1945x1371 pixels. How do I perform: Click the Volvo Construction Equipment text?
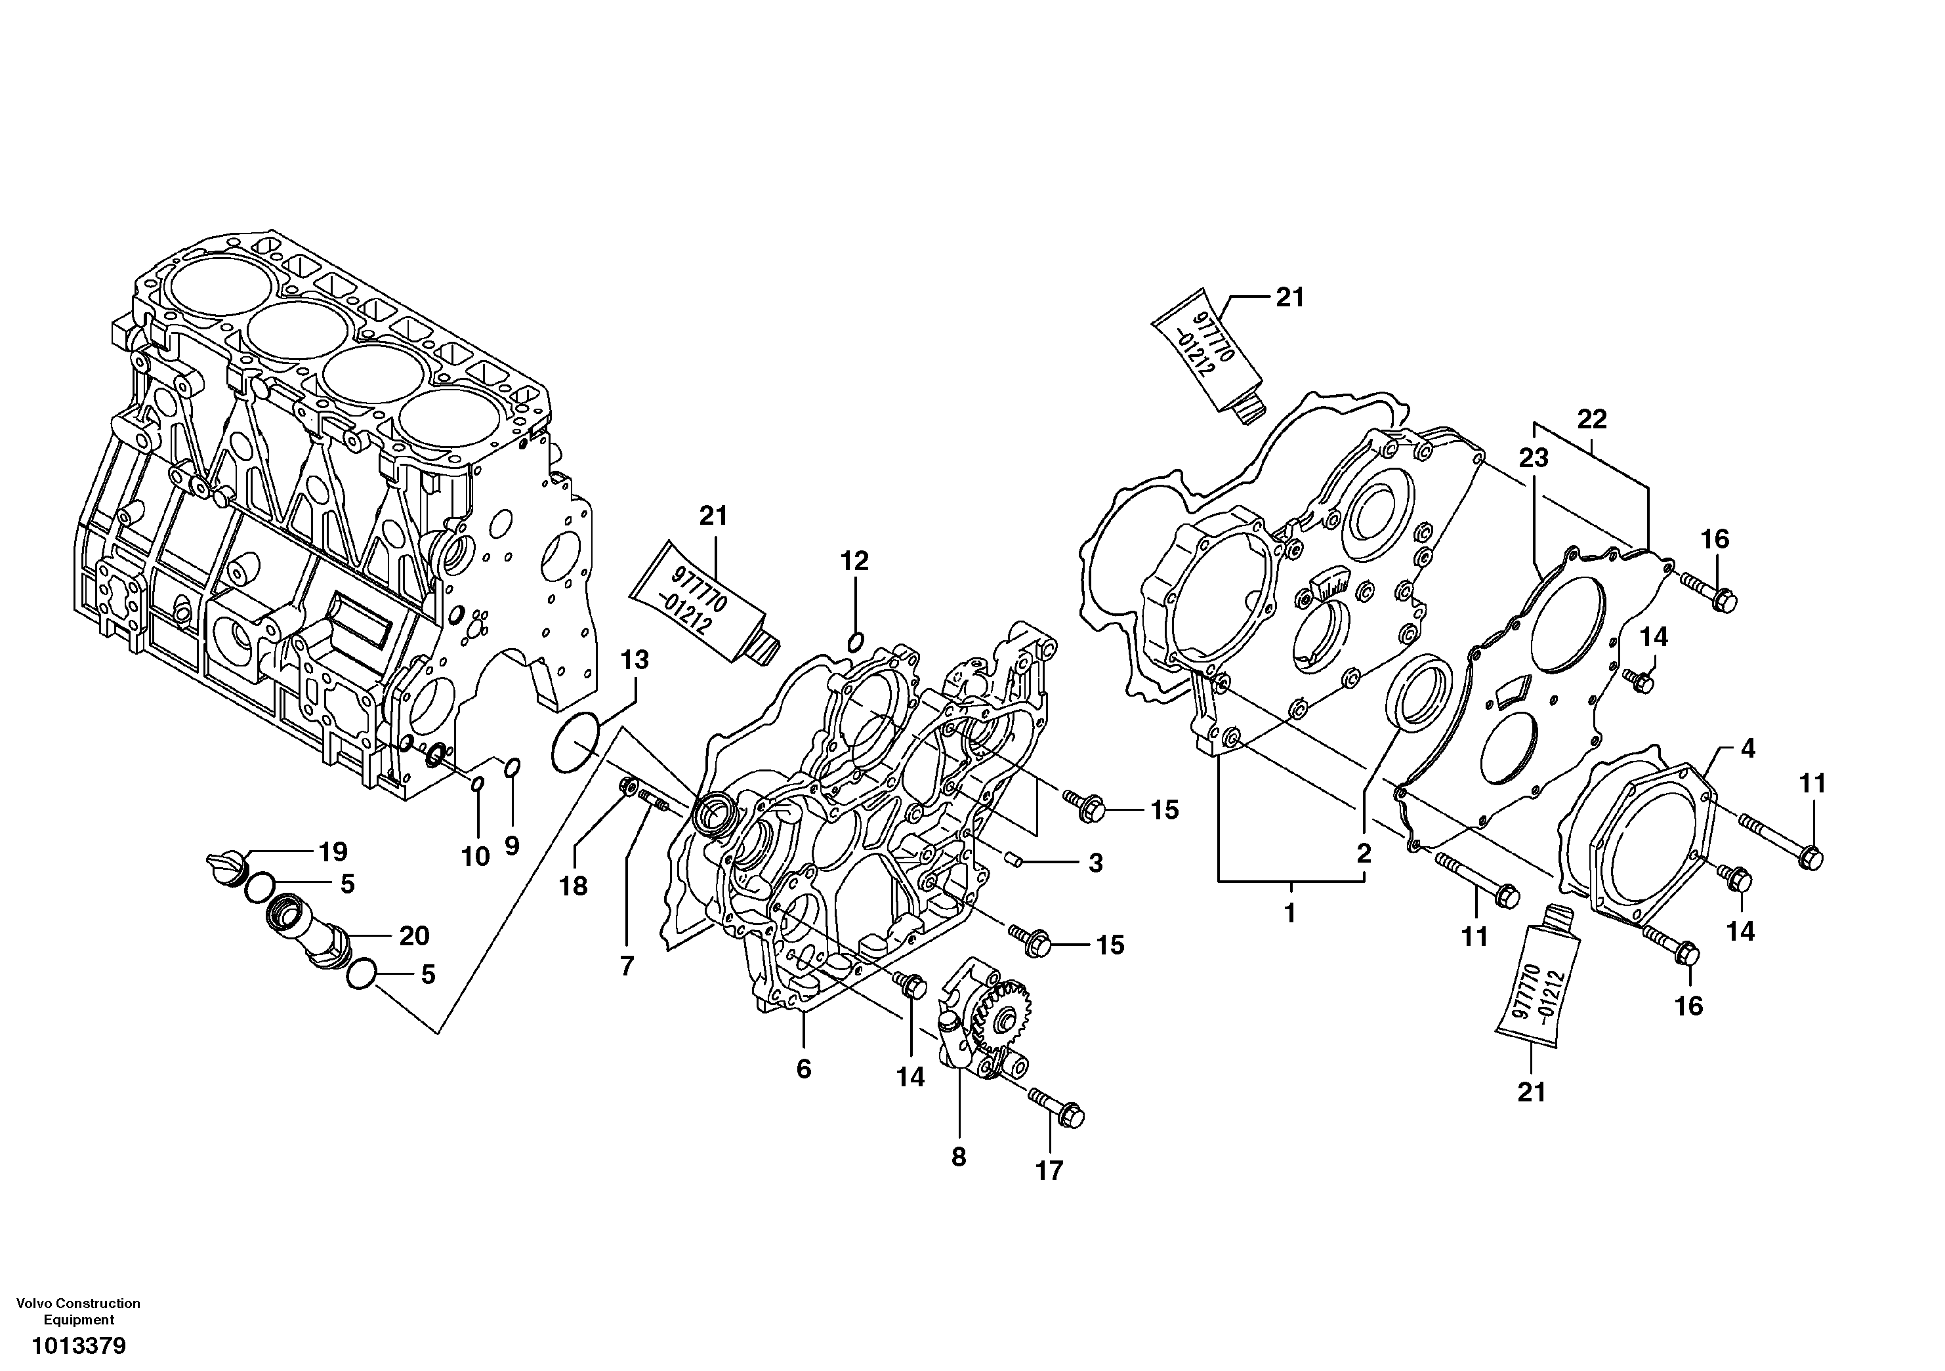(79, 1311)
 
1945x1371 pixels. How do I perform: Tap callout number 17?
(1049, 1171)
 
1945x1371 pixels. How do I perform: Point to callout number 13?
(635, 661)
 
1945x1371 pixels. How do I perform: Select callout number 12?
(855, 562)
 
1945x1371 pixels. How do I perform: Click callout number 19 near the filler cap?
(332, 851)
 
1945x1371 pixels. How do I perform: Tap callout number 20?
(413, 935)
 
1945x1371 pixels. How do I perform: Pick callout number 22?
(1592, 419)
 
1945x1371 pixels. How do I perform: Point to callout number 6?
(803, 1069)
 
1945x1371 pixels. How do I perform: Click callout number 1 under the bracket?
(1290, 914)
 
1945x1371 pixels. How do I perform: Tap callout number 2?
(1363, 853)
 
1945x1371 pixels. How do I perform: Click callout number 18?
(574, 887)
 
